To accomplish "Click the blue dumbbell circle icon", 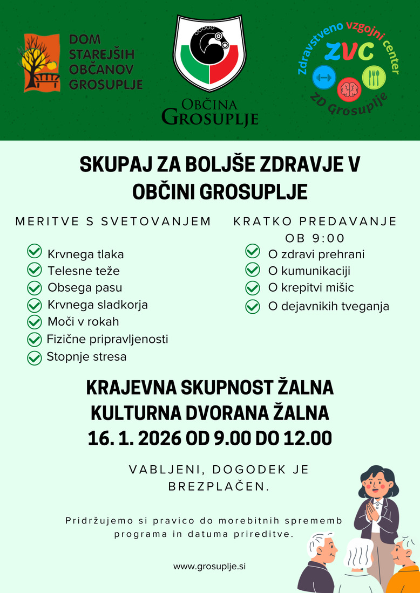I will pyautogui.click(x=324, y=78).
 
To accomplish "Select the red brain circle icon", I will pyautogui.click(x=349, y=88).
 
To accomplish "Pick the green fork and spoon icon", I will pyautogui.click(x=374, y=78).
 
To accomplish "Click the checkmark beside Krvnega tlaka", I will pyautogui.click(x=34, y=252).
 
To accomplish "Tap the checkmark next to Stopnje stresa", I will pyautogui.click(x=34, y=357).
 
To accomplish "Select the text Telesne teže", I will pyautogui.click(x=84, y=271).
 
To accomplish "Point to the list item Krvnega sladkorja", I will pyautogui.click(x=98, y=305).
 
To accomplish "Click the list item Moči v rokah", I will pyautogui.click(x=83, y=322).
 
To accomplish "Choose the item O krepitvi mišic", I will pyautogui.click(x=311, y=287).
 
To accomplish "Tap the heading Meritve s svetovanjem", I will pyautogui.click(x=113, y=222).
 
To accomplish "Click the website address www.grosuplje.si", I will pyautogui.click(x=209, y=566).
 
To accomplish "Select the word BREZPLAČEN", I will pyautogui.click(x=218, y=486).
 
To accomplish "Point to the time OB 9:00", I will pyautogui.click(x=314, y=238).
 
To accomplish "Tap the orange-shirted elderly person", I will pyautogui.click(x=404, y=566).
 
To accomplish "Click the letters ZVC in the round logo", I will pyautogui.click(x=349, y=52).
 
